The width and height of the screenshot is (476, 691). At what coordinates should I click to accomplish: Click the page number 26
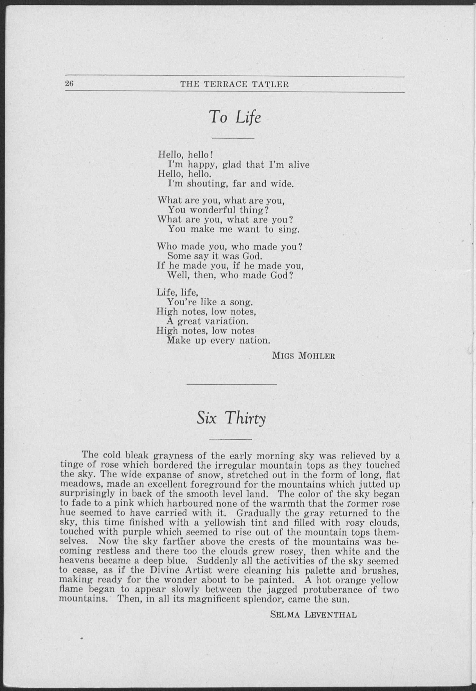(x=69, y=84)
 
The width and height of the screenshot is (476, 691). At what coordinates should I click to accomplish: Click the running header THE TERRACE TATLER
(x=235, y=84)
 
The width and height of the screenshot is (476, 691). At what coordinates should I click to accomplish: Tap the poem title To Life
(x=235, y=117)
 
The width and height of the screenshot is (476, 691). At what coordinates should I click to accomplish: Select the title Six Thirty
(x=231, y=418)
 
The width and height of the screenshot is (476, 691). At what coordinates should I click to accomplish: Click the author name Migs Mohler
(x=304, y=356)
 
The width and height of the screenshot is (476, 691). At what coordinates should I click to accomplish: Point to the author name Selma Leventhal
(x=313, y=615)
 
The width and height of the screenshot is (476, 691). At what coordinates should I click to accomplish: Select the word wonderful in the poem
(x=214, y=210)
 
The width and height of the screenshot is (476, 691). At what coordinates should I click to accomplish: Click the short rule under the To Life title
(x=233, y=138)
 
